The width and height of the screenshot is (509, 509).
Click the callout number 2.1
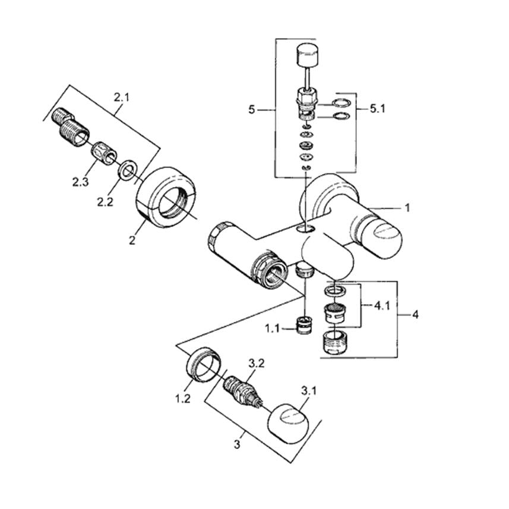coord(121,97)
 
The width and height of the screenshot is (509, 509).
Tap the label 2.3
coord(80,182)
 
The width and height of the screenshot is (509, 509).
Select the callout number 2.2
coord(105,202)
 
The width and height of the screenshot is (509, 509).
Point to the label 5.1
coord(378,109)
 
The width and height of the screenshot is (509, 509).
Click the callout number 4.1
coord(382,305)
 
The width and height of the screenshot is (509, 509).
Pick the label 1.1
coord(272,329)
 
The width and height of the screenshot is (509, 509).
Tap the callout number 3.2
coord(257,363)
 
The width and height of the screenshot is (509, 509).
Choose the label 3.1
coord(308,391)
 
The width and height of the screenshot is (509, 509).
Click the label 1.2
coord(183,399)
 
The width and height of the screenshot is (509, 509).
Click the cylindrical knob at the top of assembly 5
coord(307,55)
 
